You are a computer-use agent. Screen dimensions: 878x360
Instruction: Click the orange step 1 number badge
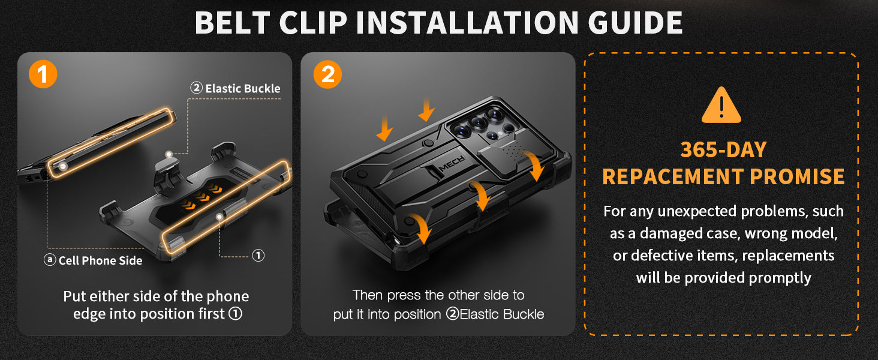(x=43, y=74)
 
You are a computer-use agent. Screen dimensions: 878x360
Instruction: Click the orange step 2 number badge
(x=327, y=74)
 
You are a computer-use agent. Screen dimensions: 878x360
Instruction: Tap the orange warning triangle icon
(x=721, y=105)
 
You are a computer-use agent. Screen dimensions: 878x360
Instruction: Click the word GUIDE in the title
(x=635, y=23)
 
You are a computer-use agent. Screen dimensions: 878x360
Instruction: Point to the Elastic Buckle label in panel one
(x=236, y=88)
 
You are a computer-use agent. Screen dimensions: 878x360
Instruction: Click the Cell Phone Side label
(x=94, y=260)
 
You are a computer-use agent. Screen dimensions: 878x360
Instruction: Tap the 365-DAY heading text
(x=723, y=150)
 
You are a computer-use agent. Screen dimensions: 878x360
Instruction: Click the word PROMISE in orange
(x=797, y=176)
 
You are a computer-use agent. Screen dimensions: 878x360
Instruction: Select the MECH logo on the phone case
(x=452, y=164)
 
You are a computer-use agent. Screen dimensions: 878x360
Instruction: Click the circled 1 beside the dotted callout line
(x=258, y=256)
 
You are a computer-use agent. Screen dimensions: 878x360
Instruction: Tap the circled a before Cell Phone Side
(x=50, y=260)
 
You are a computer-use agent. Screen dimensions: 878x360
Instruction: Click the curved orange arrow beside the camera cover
(x=535, y=166)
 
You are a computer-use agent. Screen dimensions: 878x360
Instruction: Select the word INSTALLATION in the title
(x=467, y=23)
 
